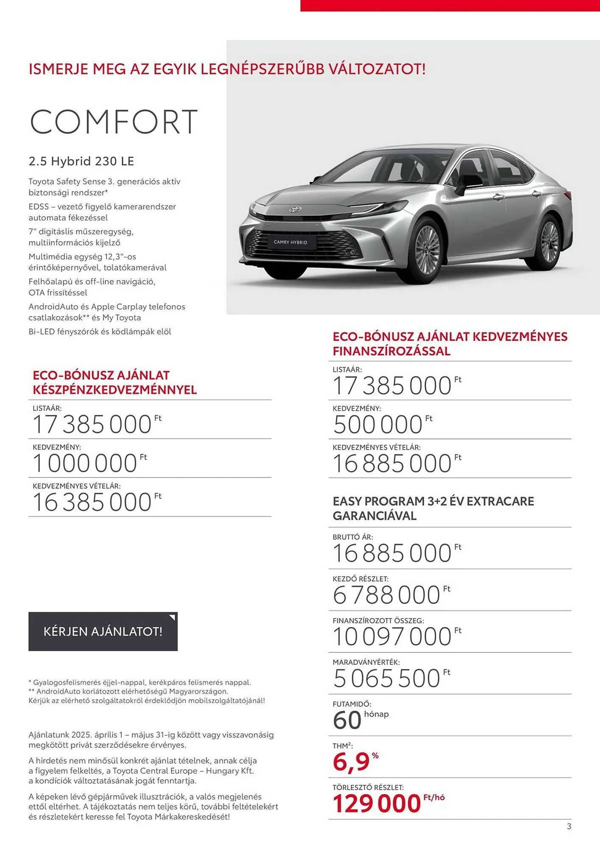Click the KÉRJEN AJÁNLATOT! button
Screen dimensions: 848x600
coord(103,631)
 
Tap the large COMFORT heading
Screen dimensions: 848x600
coord(114,122)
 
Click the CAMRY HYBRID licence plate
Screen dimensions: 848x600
coord(290,242)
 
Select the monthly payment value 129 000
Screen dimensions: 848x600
coord(377,803)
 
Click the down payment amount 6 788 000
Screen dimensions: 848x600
coord(387,595)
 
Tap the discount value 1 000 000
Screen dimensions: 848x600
coord(85,463)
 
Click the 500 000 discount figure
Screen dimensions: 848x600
coord(378,424)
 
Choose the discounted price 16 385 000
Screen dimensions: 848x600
coord(92,502)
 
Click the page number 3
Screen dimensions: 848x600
coord(569,826)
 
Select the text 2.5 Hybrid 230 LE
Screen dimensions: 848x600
coord(81,161)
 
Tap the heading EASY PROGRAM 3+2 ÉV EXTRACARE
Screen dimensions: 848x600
coord(433,501)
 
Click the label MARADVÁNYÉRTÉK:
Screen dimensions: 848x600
coord(366,662)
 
